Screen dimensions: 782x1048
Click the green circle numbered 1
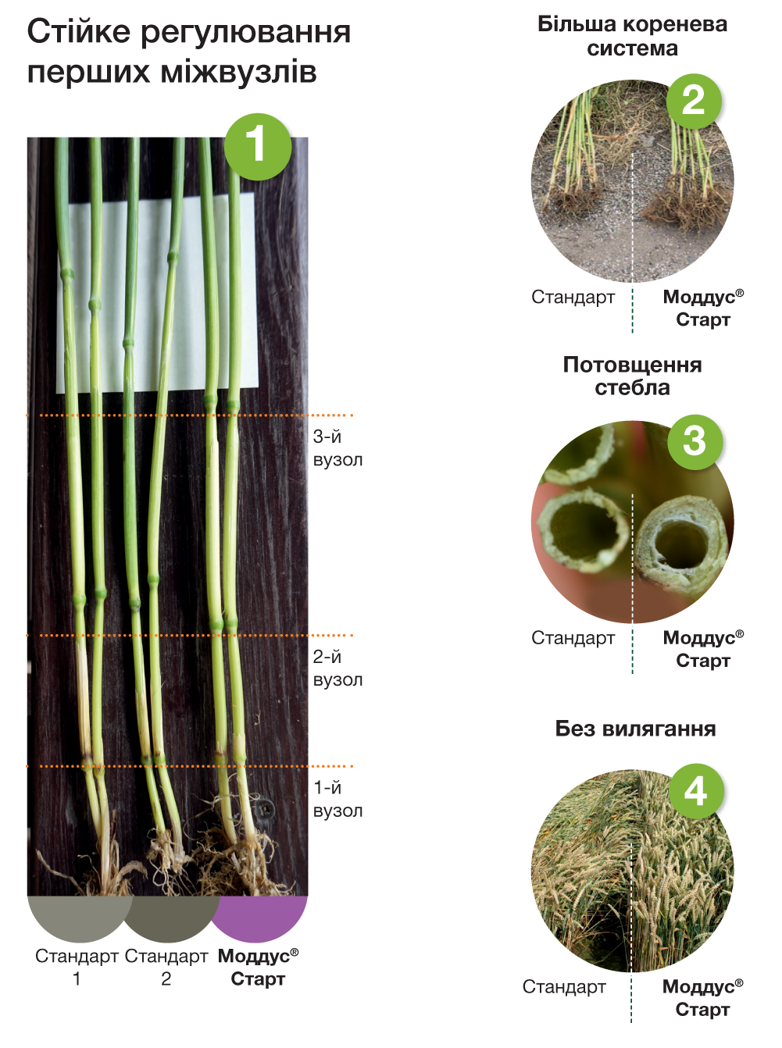click(258, 147)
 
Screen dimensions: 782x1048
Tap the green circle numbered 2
click(694, 102)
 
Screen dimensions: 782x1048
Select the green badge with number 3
click(695, 442)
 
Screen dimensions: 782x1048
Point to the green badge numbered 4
click(696, 791)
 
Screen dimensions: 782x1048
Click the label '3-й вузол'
click(337, 447)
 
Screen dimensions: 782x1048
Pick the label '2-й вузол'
click(337, 668)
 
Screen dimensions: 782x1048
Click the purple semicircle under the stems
click(259, 916)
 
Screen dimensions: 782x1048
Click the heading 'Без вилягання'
click(635, 729)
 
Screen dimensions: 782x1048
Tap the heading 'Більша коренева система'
click(633, 36)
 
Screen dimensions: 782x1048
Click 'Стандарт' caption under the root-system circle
click(573, 297)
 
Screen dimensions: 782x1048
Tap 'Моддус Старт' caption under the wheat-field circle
click(703, 998)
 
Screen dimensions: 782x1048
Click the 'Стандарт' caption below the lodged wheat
click(564, 986)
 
